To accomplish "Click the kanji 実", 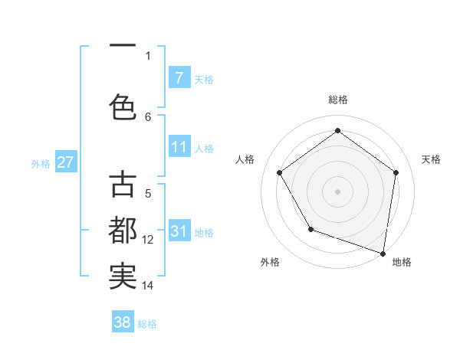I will click(x=123, y=276).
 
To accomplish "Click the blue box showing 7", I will click(x=179, y=77).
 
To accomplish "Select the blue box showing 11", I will click(x=179, y=147).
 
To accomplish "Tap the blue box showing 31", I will click(x=179, y=231).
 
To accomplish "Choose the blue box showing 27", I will click(x=65, y=162).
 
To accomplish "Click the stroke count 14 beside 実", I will click(x=148, y=286).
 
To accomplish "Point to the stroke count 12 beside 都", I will click(x=148, y=240).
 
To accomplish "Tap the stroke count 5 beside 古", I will click(x=148, y=194).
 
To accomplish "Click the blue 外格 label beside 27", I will click(x=41, y=163).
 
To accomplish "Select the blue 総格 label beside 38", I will click(x=147, y=324).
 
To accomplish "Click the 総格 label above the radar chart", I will click(x=337, y=100).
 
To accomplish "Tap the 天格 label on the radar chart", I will click(x=431, y=159).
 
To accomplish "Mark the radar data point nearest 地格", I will click(x=383, y=253).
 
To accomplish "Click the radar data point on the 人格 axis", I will click(x=280, y=172).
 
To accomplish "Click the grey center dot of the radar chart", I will click(x=337, y=191).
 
